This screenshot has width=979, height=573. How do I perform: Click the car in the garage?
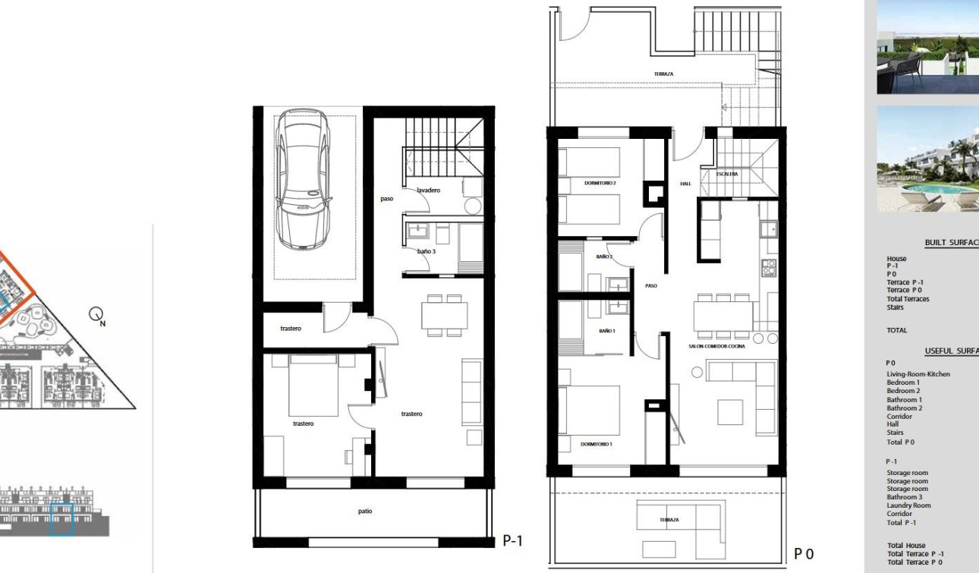coord(304,179)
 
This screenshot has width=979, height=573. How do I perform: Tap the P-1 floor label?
coord(513,540)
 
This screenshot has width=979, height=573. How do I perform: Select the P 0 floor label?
coord(804,554)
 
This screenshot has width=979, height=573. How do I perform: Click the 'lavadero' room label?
coord(428,190)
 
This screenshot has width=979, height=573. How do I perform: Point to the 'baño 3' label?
coord(427,251)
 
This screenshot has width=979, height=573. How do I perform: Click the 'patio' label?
coord(365,511)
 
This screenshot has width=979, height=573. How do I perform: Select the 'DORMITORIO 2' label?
coord(600,183)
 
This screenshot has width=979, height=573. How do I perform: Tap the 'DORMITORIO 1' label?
coord(596,444)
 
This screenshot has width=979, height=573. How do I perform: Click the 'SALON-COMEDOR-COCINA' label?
coord(716,346)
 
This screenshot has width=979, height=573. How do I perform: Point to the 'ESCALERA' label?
coord(727,174)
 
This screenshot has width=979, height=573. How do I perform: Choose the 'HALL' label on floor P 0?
coord(685,184)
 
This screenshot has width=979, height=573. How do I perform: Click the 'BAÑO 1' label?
coord(606,331)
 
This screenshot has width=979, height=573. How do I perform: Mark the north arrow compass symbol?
coord(96,313)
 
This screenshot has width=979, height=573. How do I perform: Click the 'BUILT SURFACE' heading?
coord(951,243)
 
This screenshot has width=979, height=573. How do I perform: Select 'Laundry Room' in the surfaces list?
coord(908,505)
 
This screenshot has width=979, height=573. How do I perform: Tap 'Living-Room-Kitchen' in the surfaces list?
coord(918,374)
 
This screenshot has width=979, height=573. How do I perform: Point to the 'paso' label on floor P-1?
coord(387,199)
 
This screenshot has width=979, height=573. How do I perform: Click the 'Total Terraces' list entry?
coord(907,299)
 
